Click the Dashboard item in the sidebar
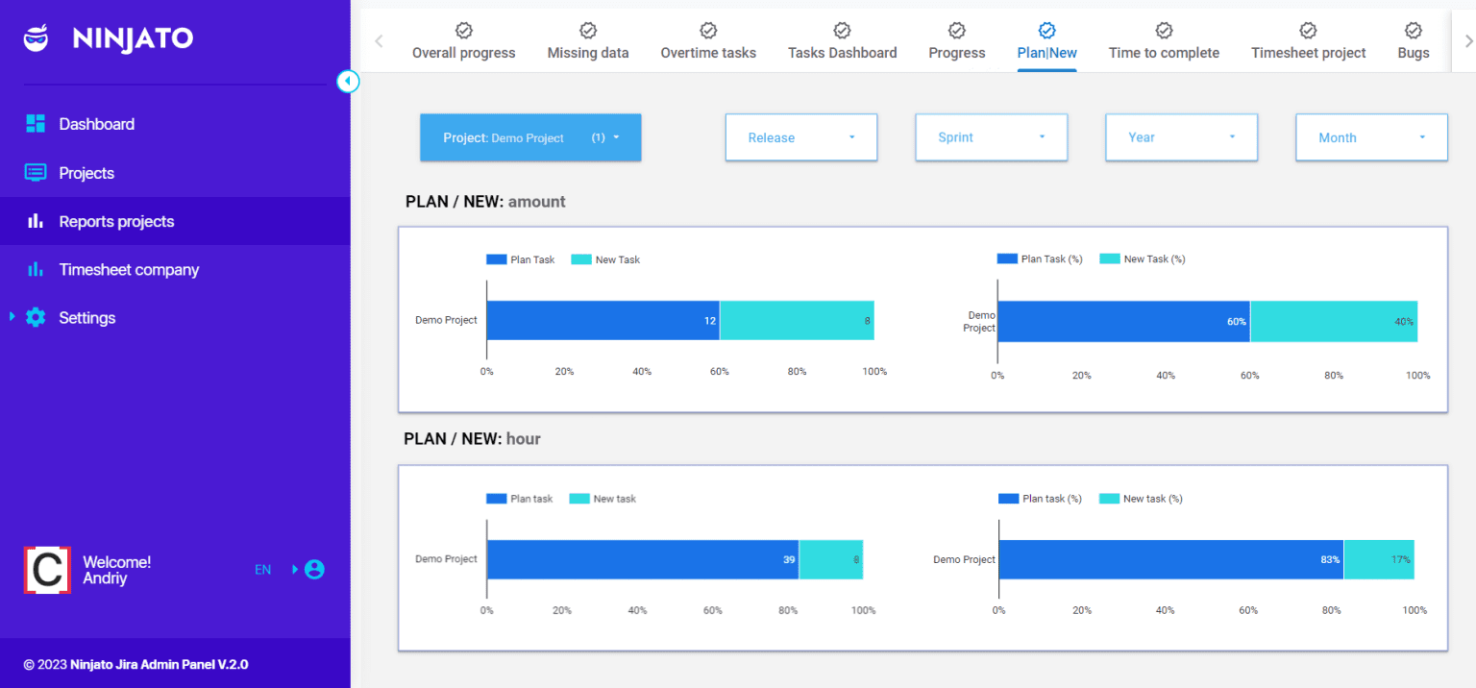coord(95,124)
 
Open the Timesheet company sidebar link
coord(128,270)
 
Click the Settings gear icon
coord(36,318)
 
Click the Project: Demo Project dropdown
coord(529,137)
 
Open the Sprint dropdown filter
coord(991,137)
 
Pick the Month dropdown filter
coord(1370,137)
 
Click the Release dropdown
coord(800,137)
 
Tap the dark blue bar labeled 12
coord(603,321)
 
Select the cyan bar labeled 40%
coord(1333,321)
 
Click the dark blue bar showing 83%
coord(1169,559)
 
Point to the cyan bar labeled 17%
coord(1378,559)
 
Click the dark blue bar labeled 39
coord(642,559)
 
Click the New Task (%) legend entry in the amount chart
coord(1143,259)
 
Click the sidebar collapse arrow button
coord(348,82)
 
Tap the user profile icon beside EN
coord(314,570)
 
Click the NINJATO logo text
coord(133,38)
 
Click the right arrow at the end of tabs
coord(1467,41)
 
